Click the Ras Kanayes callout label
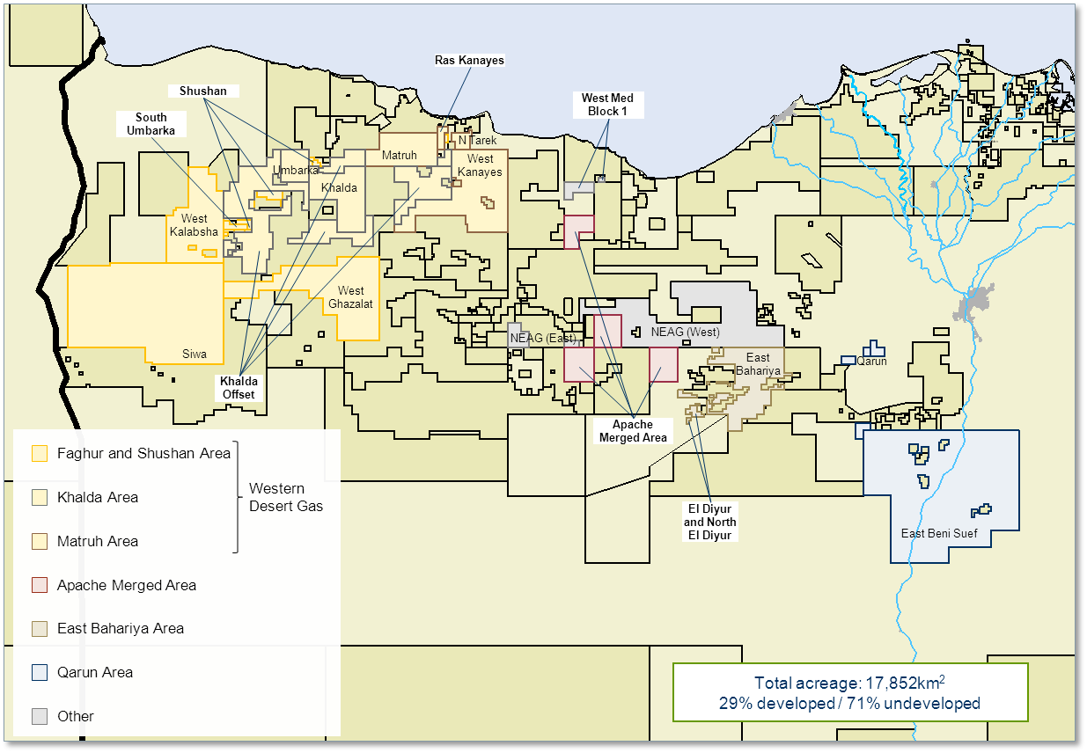[x=469, y=61]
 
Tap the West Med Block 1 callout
[x=607, y=105]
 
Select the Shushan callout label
[x=203, y=91]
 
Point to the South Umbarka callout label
[x=151, y=124]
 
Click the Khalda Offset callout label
[x=239, y=388]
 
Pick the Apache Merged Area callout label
[x=632, y=431]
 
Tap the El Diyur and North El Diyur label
[x=709, y=522]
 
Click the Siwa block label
[x=195, y=355]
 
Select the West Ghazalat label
[x=350, y=297]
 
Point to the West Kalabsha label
[x=195, y=225]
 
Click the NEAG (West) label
[x=685, y=333]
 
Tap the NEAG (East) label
[x=542, y=339]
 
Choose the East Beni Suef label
[x=939, y=534]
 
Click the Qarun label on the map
[x=871, y=361]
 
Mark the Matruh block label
[x=399, y=157]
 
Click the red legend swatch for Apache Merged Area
[x=40, y=585]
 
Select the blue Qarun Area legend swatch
[x=40, y=673]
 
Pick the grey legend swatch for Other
[x=40, y=716]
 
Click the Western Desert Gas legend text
[x=286, y=497]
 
